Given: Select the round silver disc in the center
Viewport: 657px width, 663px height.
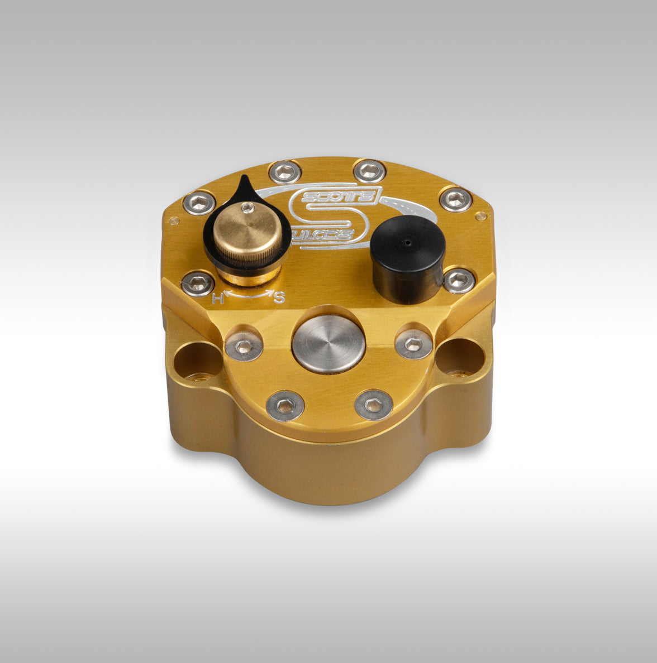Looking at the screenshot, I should pos(328,344).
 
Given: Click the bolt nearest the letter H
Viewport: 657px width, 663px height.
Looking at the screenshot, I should pos(197,284).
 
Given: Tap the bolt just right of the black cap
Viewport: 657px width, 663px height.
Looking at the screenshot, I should pos(459,280).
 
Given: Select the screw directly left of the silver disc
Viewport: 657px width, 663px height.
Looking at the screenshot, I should pos(244,347).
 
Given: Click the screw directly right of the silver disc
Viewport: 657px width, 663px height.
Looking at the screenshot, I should pos(413,344).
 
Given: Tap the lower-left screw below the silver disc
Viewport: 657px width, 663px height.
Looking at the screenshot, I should pos(285,405).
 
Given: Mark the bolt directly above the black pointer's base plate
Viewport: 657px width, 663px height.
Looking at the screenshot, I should pos(199,203).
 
